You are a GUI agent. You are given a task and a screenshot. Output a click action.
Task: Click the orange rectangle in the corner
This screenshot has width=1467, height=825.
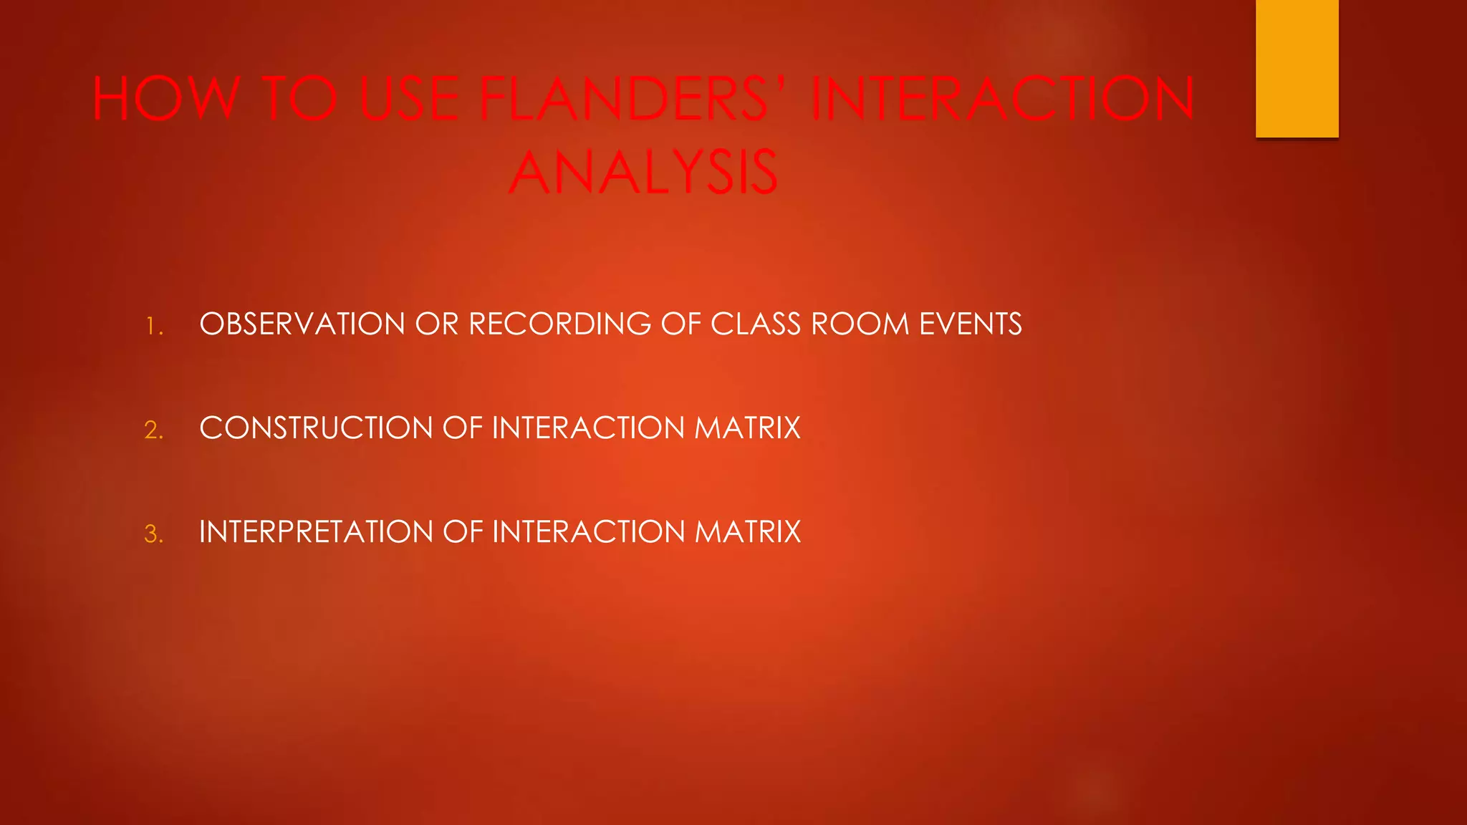[x=1297, y=68]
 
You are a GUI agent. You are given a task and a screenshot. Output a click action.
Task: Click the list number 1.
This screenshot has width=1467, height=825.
[x=154, y=327]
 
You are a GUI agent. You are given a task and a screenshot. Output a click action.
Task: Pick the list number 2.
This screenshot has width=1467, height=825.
[x=154, y=430]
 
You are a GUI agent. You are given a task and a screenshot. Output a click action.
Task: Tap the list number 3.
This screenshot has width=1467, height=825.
[x=154, y=534]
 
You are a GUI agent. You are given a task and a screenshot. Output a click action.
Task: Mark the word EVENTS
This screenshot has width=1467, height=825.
[x=971, y=324]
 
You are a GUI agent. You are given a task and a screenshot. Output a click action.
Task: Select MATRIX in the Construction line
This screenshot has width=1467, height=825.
[x=747, y=428]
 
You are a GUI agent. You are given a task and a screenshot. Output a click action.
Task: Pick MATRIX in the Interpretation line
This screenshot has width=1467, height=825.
[x=747, y=532]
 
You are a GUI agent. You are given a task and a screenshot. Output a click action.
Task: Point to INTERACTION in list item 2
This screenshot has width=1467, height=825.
[x=588, y=428]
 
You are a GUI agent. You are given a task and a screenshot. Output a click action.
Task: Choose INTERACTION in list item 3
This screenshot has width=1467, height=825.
[x=588, y=532]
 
